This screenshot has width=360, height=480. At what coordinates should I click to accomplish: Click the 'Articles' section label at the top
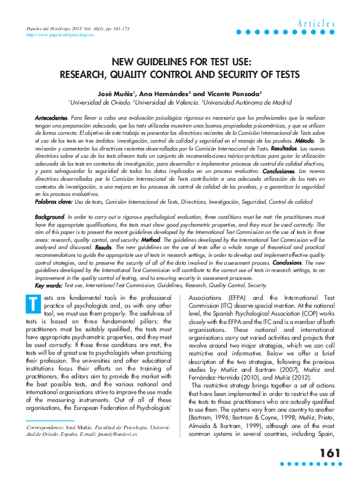tap(316, 24)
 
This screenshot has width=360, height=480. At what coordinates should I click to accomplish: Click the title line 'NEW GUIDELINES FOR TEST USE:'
tap(180, 61)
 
